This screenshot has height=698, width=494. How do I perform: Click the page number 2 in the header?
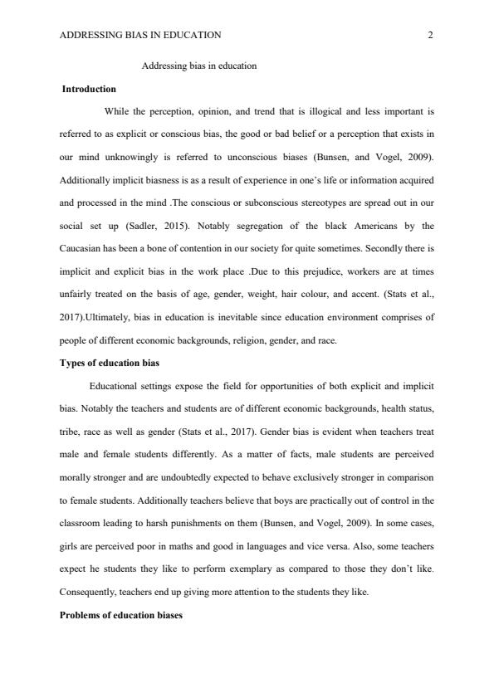coord(430,35)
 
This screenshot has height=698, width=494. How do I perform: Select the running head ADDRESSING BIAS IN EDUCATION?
coord(140,35)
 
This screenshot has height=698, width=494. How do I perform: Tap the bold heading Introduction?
coord(89,89)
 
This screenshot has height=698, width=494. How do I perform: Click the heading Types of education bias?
coord(112,364)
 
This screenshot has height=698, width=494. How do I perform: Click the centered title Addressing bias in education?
coord(199,66)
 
